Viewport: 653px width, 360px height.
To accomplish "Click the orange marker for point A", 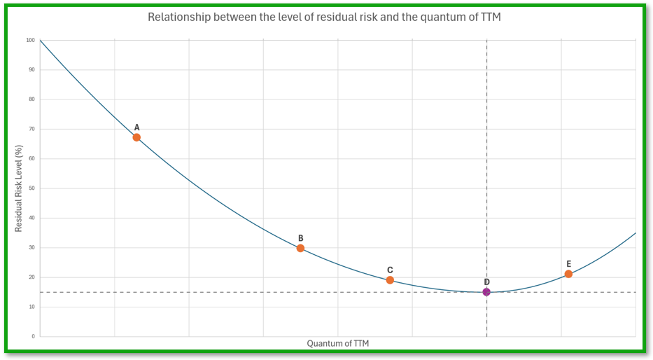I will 136,137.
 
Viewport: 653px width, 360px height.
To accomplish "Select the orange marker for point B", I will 300,248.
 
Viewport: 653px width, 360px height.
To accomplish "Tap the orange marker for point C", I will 390,280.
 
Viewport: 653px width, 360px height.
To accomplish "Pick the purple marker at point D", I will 486,292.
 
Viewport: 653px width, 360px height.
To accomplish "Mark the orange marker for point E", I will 568,274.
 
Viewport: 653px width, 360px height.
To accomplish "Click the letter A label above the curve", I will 136,127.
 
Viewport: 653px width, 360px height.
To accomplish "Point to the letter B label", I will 300,238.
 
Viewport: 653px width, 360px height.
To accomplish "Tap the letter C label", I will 390,270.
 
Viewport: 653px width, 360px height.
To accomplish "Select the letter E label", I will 568,264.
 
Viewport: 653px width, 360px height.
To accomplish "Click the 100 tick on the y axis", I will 30,40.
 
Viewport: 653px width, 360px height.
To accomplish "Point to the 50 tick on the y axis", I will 31,188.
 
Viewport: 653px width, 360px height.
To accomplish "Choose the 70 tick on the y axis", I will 31,129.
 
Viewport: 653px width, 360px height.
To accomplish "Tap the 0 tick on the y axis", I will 33,337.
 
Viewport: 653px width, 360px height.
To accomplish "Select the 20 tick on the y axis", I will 31,277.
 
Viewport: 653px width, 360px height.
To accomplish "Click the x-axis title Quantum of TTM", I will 337,344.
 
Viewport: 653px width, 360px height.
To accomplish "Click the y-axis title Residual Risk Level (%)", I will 19,188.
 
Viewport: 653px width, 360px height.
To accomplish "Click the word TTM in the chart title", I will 491,17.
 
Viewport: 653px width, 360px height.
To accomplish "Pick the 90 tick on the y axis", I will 31,70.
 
